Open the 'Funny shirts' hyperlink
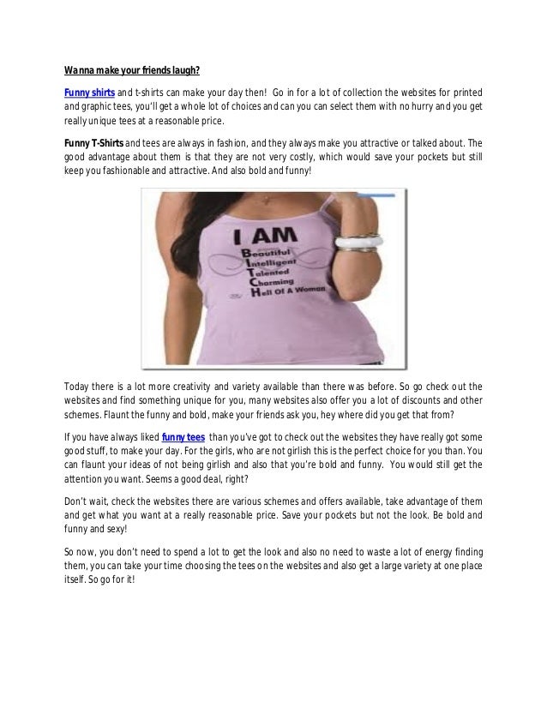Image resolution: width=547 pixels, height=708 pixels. coord(89,93)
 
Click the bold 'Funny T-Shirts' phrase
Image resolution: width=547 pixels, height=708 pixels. coord(94,142)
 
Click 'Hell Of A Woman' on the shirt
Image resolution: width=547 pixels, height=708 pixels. coord(294,294)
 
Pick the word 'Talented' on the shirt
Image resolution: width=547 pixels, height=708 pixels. coord(275,272)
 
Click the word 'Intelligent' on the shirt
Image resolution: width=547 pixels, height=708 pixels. coord(278,263)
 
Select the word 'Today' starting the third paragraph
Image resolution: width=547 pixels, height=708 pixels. coord(79,386)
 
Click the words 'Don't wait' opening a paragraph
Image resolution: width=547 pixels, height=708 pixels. coord(87,501)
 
